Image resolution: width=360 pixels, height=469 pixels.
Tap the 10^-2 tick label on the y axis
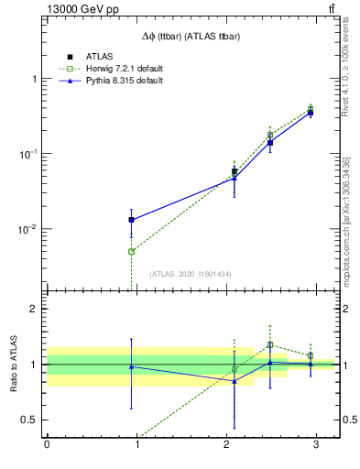tap(27, 229)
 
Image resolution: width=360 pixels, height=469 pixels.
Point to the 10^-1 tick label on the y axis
tap(27, 154)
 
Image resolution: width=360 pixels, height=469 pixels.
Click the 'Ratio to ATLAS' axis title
tap(14, 364)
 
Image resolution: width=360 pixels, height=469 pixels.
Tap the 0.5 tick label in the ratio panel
tap(28, 420)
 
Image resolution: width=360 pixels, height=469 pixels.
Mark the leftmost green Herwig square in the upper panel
tap(132, 251)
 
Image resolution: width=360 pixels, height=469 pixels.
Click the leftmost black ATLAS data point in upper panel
tap(132, 220)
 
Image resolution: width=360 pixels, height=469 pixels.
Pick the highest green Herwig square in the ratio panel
tap(270, 345)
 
